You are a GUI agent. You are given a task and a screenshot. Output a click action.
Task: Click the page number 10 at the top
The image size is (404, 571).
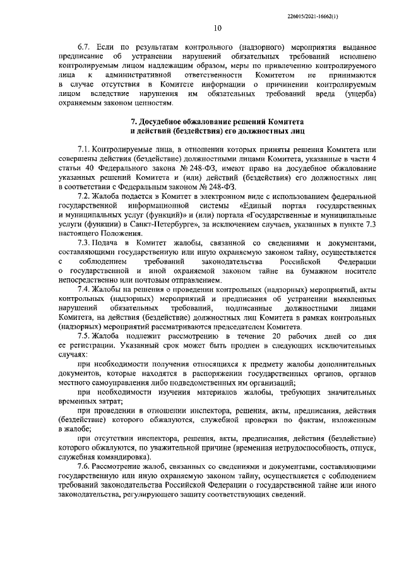pos(217,28)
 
